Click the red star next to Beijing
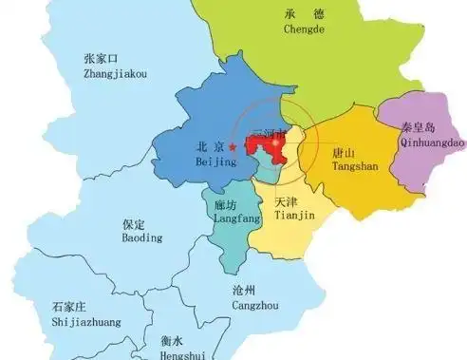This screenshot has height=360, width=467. coord(233,147)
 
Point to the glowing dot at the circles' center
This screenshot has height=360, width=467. coord(276,142)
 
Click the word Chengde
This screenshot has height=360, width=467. coord(304,29)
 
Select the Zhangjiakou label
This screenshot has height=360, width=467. coord(115,73)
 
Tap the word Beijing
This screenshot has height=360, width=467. coord(215,162)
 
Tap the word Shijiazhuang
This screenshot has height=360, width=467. coord(87,322)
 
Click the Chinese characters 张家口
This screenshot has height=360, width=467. coord(101,59)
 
